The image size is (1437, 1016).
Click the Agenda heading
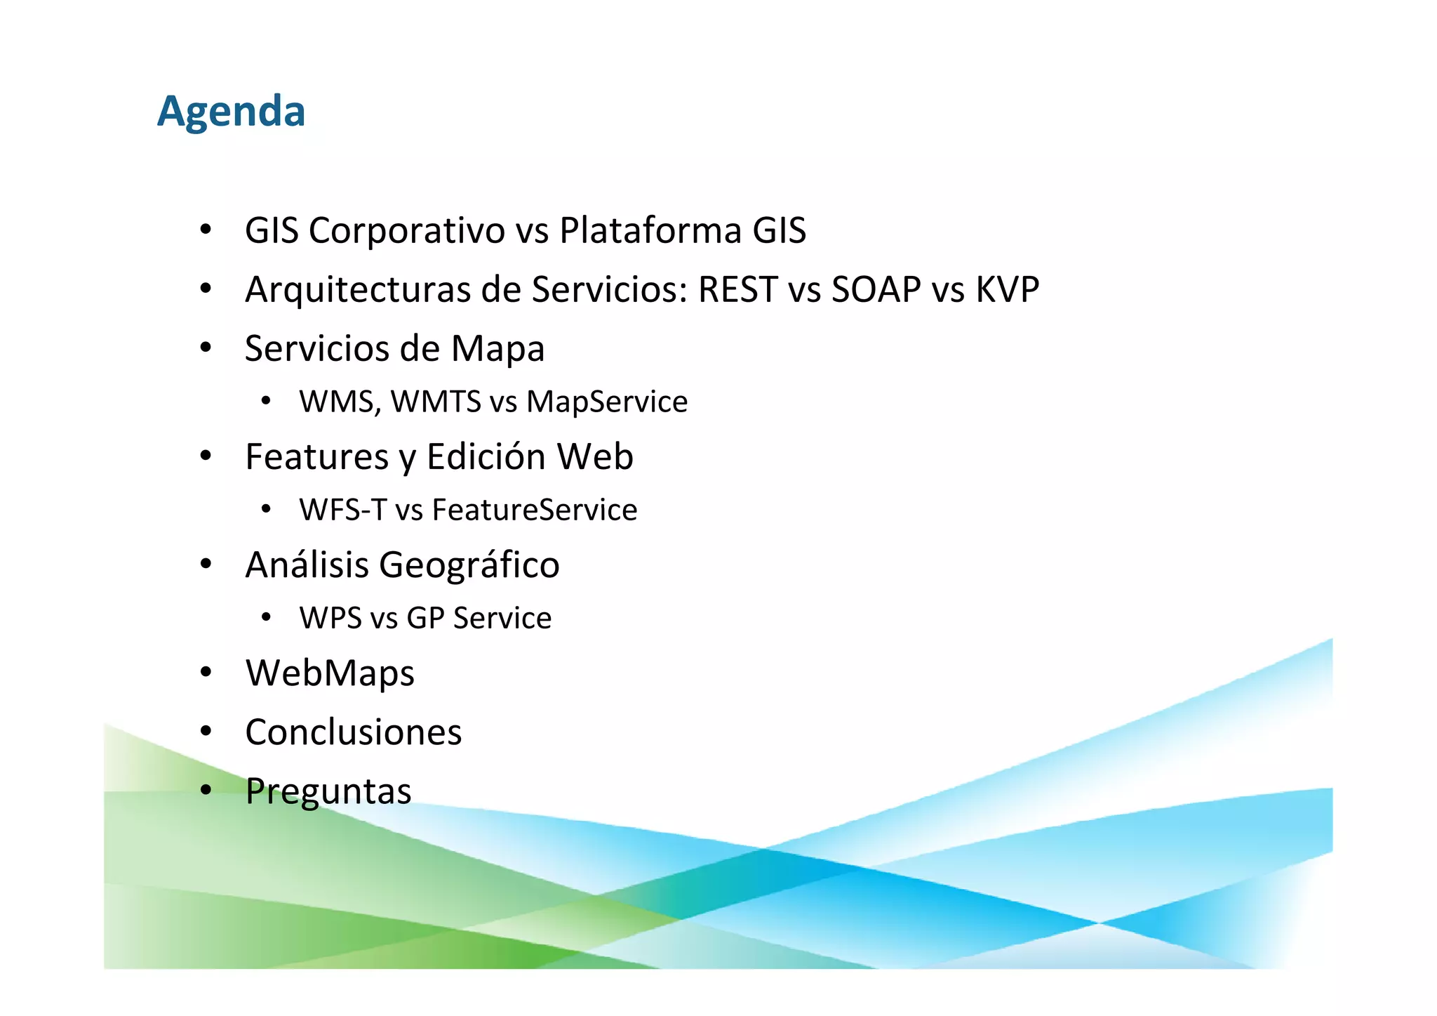(x=231, y=112)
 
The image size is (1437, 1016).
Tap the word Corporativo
(x=406, y=231)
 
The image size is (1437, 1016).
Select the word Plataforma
(x=650, y=231)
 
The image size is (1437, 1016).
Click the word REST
(x=737, y=290)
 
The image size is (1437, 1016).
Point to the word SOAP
(x=876, y=290)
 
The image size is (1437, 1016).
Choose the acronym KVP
(x=1007, y=290)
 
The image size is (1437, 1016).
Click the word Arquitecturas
(x=357, y=290)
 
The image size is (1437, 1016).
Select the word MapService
(x=607, y=402)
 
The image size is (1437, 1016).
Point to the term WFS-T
(x=342, y=510)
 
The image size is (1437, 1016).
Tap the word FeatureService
(x=534, y=510)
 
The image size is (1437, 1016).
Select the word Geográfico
(x=469, y=565)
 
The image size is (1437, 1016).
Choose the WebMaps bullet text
(x=330, y=673)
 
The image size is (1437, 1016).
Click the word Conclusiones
(x=354, y=732)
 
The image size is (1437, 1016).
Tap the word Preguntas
(x=328, y=791)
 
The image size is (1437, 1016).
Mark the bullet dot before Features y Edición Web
(x=206, y=456)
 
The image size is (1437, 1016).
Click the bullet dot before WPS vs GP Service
(x=265, y=618)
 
